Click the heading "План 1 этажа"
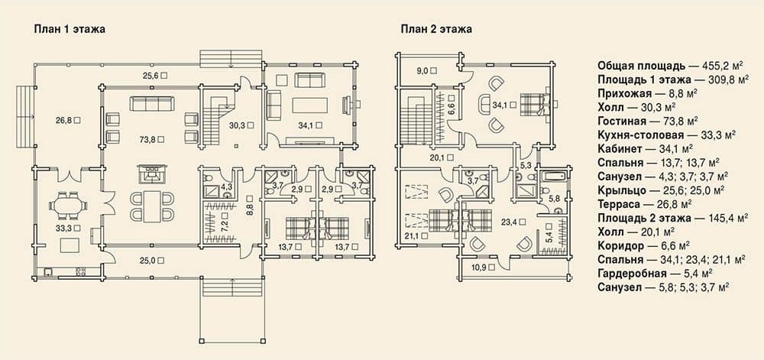(x=70, y=29)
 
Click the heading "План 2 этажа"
(x=436, y=29)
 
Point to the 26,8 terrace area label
(x=65, y=119)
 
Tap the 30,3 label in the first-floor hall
(x=238, y=125)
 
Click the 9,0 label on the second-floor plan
(x=422, y=70)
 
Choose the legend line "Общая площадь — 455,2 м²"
(x=673, y=66)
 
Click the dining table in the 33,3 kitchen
(x=68, y=206)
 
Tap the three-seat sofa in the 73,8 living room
(x=151, y=103)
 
